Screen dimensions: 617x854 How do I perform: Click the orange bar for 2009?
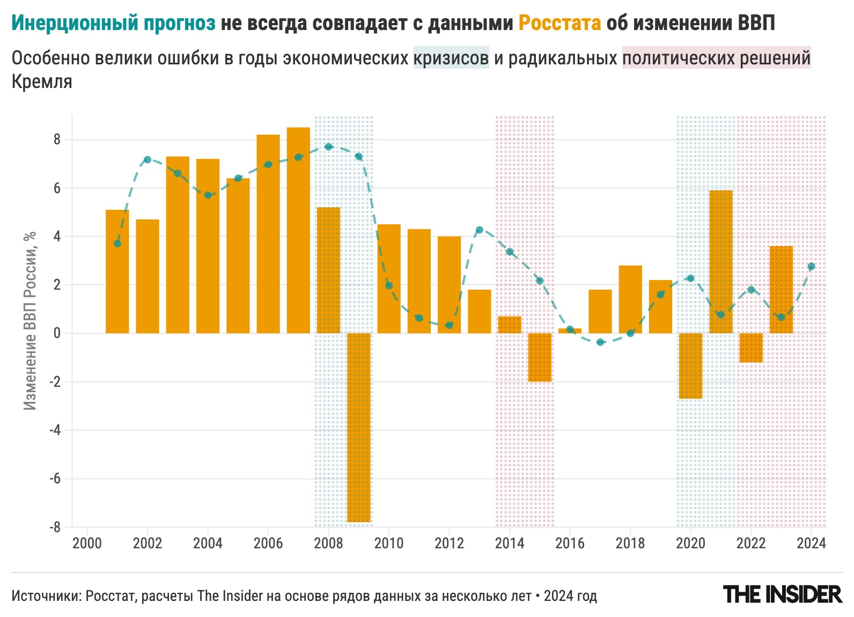tap(359, 427)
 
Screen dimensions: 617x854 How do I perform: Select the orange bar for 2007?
tap(298, 230)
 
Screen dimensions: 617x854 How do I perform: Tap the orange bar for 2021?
tap(721, 262)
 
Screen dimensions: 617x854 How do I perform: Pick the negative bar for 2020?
tap(690, 366)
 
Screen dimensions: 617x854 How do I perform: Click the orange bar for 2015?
tap(540, 357)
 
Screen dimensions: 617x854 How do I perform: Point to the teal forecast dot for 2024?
tap(811, 267)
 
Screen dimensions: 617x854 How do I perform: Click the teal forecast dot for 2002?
tap(148, 160)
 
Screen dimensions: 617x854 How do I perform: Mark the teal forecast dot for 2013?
tap(480, 230)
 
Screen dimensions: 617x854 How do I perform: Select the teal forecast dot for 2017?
tap(600, 342)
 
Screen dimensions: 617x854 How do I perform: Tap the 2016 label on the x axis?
tap(570, 543)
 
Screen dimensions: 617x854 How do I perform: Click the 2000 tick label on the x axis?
tap(87, 543)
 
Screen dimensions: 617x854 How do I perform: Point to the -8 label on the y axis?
tap(55, 527)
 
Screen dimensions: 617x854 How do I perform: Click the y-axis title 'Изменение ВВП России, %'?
tap(31, 321)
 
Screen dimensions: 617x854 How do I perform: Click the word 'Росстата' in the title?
tap(559, 23)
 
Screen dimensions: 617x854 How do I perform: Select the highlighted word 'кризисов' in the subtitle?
tap(451, 58)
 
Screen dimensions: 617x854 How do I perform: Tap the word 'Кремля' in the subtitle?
tap(42, 82)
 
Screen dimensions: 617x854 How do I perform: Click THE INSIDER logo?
tap(783, 594)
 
